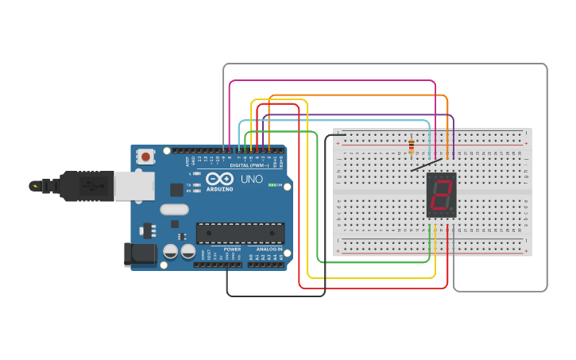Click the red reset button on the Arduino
pyautogui.click(x=145, y=157)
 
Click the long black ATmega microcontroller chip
pyautogui.click(x=240, y=233)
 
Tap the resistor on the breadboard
pyautogui.click(x=411, y=147)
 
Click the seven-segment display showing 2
pyautogui.click(x=442, y=195)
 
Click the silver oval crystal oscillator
pyautogui.click(x=175, y=210)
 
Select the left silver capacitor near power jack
pyautogui.click(x=170, y=251)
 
